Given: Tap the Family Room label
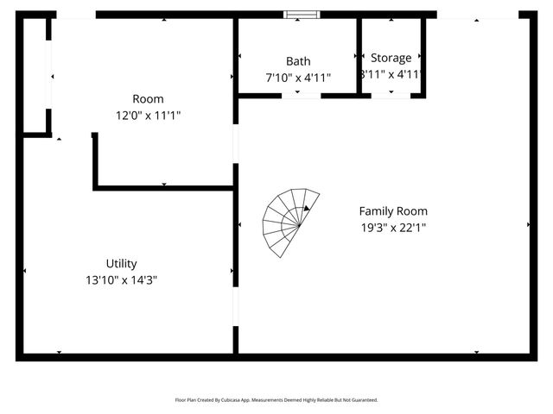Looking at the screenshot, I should (393, 211).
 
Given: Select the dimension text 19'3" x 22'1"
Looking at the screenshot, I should (393, 228).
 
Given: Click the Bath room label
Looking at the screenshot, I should (298, 61).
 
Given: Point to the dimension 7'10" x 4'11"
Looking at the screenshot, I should (298, 77).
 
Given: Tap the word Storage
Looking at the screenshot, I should (391, 58).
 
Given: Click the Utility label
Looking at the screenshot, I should (122, 264).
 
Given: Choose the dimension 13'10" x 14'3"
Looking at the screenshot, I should (122, 279).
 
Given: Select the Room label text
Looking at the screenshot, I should (148, 99).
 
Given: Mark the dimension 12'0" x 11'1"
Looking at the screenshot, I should (148, 115).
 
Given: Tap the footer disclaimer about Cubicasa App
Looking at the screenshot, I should (276, 399).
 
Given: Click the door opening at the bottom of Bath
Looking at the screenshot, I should (302, 95).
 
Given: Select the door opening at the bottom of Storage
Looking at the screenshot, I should (391, 95).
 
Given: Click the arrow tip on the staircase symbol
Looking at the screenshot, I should (307, 208).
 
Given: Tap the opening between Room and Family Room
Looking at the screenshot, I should (235, 144).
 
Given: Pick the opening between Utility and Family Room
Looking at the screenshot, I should (235, 306).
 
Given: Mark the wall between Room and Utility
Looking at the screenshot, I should (164, 187).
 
